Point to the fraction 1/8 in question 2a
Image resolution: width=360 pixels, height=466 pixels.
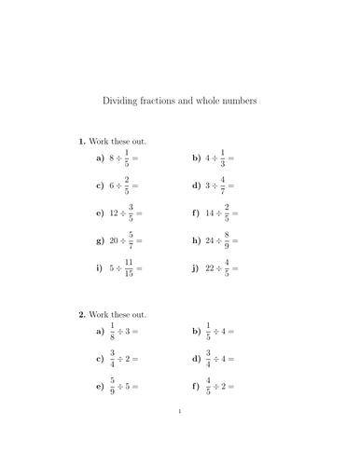tap(111, 331)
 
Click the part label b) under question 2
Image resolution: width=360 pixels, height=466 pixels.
tap(196, 331)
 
